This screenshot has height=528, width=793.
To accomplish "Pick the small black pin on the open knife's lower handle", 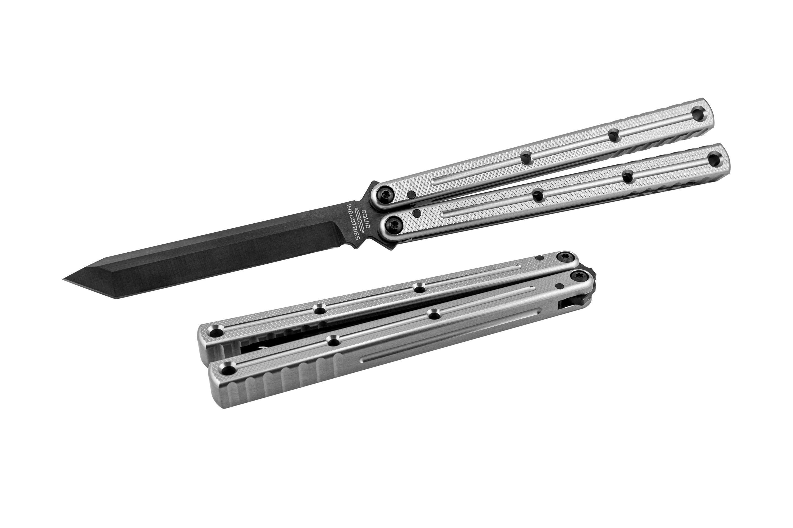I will click(417, 212).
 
